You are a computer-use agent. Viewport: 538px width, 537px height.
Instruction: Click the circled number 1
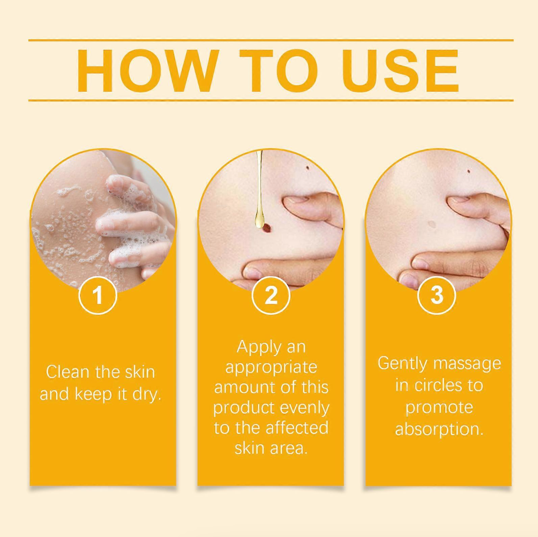(98, 295)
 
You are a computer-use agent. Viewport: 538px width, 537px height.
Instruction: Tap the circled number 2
(271, 295)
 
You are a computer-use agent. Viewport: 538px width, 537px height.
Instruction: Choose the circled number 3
(436, 295)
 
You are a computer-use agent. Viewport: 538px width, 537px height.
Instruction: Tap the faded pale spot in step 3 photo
(432, 224)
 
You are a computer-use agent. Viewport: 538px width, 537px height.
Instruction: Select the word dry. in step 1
(147, 394)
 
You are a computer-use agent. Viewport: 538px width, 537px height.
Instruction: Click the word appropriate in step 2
(271, 367)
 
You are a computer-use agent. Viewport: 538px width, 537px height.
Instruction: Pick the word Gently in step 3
(402, 363)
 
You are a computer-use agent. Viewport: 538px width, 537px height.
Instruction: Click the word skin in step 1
(140, 372)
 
